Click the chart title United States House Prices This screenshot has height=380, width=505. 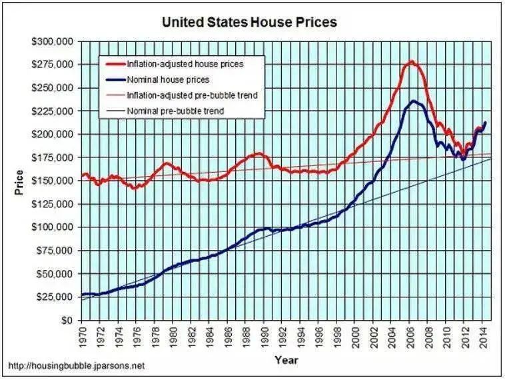[x=250, y=23]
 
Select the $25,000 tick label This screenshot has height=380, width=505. [x=55, y=297]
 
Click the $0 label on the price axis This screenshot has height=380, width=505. [x=67, y=320]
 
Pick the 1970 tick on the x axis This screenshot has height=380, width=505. [x=83, y=339]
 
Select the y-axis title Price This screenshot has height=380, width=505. [x=19, y=182]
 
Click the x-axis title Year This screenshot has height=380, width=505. [x=286, y=361]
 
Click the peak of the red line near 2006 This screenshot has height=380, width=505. [x=411, y=62]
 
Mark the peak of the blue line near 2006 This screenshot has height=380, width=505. [x=414, y=101]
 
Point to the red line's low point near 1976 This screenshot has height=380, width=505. [x=135, y=188]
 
